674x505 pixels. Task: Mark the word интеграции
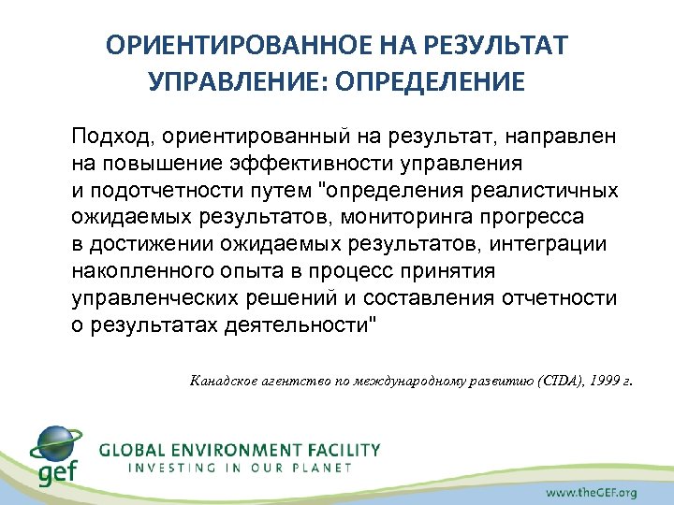554,244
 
